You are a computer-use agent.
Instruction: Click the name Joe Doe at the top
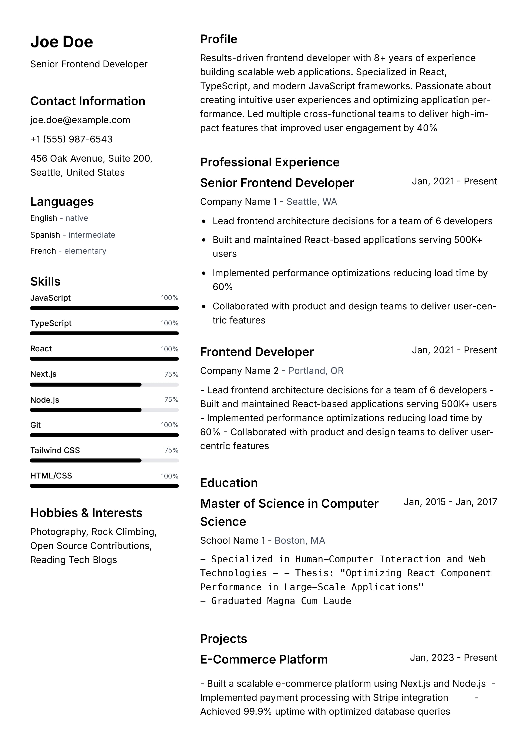click(x=61, y=42)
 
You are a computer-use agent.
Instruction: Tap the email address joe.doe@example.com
click(x=80, y=120)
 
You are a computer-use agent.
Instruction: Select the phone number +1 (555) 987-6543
click(x=71, y=139)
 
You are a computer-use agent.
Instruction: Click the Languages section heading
click(x=62, y=202)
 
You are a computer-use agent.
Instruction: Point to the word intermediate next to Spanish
click(x=92, y=235)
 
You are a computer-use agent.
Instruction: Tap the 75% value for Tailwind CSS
click(x=171, y=450)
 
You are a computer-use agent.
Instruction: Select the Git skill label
click(x=36, y=425)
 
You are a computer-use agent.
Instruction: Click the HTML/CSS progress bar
click(x=104, y=486)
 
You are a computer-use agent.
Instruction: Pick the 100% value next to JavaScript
click(x=169, y=298)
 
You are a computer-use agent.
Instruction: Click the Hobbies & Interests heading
click(x=86, y=513)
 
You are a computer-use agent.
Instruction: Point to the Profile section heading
click(x=218, y=39)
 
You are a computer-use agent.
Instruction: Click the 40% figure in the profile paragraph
click(x=427, y=128)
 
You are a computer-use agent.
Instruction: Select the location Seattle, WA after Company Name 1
click(x=312, y=202)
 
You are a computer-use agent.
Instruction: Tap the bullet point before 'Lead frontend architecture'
click(x=204, y=221)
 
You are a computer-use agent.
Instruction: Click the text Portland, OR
click(x=316, y=371)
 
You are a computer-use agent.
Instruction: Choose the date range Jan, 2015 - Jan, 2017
click(x=450, y=502)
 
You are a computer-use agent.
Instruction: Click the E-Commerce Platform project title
click(x=264, y=659)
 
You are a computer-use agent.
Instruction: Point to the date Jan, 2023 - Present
click(x=453, y=658)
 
